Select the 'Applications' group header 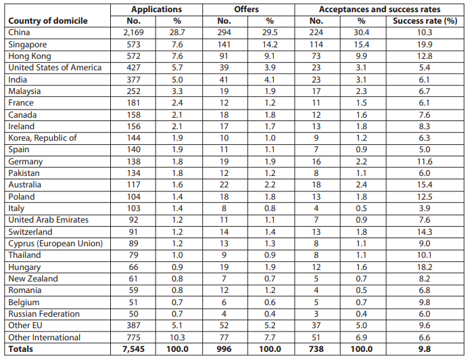[156, 9]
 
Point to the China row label [19, 32]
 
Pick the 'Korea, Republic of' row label [43, 138]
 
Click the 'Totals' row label [20, 349]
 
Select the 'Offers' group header [246, 9]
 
